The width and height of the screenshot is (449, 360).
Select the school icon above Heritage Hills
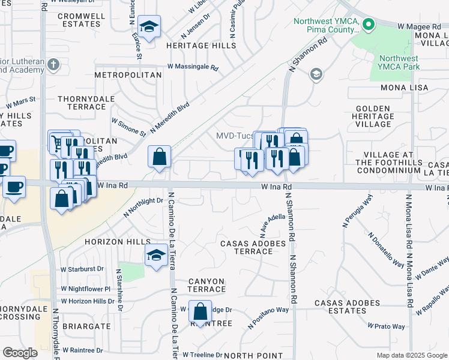[148, 27]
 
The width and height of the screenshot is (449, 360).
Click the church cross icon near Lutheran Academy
[53, 64]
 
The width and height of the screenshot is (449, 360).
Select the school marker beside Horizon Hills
[156, 256]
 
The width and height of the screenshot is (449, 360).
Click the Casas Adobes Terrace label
[247, 247]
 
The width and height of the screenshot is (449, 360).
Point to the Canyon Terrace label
[206, 285]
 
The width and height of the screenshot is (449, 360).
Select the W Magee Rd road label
[420, 26]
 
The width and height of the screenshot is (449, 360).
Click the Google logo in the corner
[20, 352]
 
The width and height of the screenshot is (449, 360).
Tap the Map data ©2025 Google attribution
[412, 355]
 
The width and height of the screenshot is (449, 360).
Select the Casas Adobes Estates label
[348, 307]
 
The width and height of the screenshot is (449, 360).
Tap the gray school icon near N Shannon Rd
[315, 74]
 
